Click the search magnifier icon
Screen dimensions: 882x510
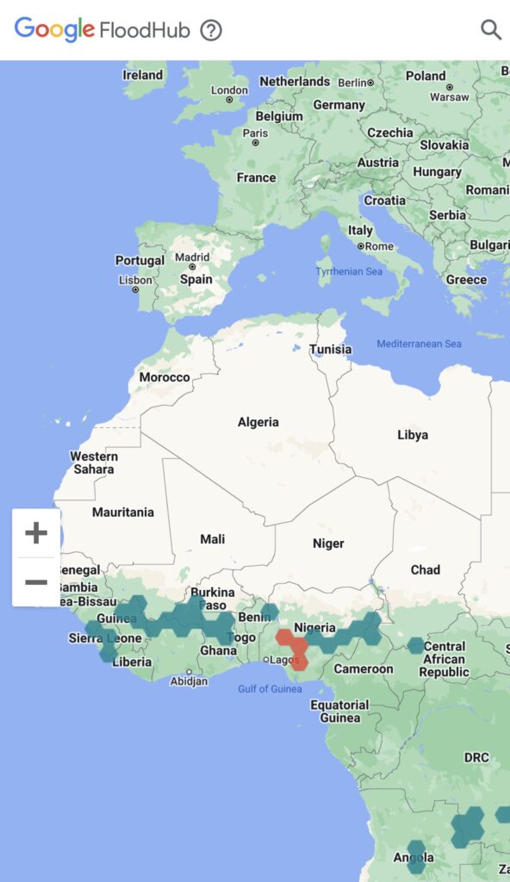click(491, 30)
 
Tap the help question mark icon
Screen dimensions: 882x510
click(211, 30)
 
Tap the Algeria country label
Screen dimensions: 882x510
click(258, 422)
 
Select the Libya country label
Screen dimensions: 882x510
click(413, 435)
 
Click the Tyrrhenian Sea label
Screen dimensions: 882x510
click(348, 271)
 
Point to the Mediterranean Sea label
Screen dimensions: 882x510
click(419, 345)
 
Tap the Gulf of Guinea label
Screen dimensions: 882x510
click(270, 689)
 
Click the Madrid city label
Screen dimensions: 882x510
click(192, 257)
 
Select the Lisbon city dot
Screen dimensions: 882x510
click(135, 289)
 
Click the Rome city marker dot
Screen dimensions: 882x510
click(360, 246)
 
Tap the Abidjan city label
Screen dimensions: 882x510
click(189, 680)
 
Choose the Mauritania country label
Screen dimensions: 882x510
click(123, 512)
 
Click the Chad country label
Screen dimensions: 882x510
click(426, 569)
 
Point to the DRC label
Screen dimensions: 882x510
click(476, 758)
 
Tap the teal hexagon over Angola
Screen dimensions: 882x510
click(416, 855)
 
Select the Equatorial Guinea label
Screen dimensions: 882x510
click(339, 711)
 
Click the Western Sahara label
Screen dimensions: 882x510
click(94, 463)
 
